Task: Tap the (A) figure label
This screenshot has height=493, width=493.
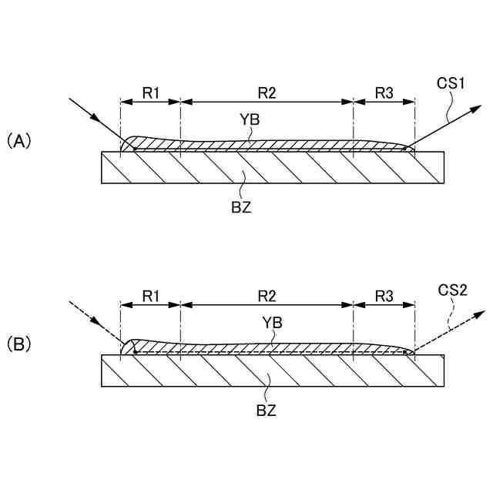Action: tap(18, 140)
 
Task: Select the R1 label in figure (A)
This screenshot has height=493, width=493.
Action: tap(151, 93)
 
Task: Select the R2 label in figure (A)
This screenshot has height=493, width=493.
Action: tap(267, 93)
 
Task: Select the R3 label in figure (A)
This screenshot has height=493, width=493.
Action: tap(384, 93)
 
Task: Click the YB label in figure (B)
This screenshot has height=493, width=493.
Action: tap(271, 323)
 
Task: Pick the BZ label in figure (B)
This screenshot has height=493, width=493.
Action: tap(266, 410)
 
